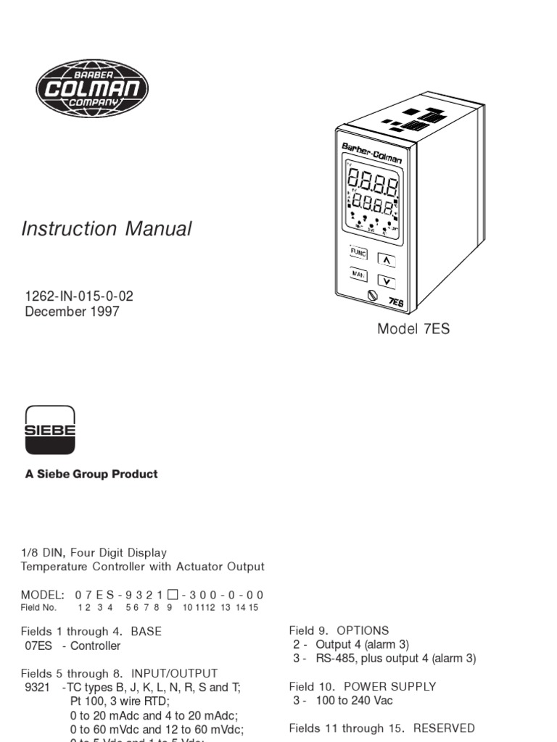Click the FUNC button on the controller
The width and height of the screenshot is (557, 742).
(358, 253)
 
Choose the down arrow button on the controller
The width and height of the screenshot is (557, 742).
(387, 281)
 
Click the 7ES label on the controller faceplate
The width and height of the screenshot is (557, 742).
(397, 301)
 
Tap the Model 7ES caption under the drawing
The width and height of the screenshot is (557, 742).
(413, 329)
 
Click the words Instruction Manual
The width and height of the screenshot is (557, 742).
(107, 229)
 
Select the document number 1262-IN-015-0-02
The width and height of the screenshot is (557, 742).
(79, 296)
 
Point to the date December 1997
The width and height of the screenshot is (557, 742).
(72, 312)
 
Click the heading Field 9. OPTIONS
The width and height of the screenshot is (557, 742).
(339, 630)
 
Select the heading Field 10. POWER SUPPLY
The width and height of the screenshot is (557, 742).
(363, 686)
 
